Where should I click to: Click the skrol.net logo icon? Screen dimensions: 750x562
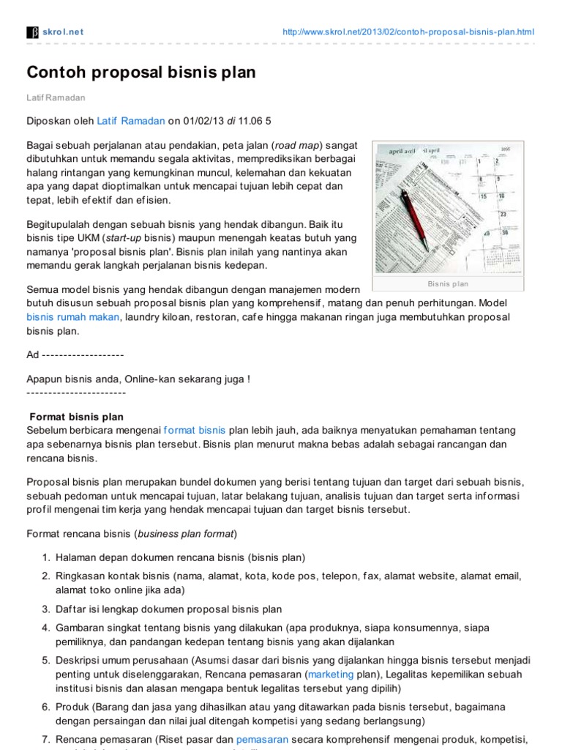point(32,32)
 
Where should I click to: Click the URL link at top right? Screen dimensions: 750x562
point(408,32)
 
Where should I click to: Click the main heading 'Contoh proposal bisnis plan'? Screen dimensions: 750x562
point(141,73)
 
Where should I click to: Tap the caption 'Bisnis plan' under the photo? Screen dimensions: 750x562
point(447,283)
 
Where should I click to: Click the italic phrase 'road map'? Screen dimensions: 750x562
point(299,145)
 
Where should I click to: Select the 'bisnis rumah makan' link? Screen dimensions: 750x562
point(73,317)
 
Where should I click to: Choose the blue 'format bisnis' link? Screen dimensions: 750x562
point(194,430)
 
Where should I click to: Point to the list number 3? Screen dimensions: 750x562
point(45,609)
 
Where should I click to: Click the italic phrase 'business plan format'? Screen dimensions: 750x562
point(186,533)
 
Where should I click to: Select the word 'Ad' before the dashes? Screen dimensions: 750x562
point(32,354)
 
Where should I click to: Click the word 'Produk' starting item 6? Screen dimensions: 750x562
point(72,706)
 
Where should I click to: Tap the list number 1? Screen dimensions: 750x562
point(45,557)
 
